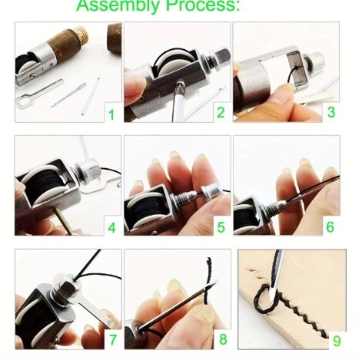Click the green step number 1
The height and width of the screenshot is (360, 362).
[111, 114]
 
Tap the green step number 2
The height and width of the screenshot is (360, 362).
[221, 112]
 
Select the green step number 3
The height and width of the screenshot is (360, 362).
[330, 112]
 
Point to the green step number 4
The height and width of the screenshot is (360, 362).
[111, 227]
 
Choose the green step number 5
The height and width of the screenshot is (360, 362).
[221, 227]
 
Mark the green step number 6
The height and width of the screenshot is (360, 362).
[330, 226]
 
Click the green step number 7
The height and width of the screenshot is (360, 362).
[112, 340]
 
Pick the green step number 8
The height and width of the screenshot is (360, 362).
[223, 339]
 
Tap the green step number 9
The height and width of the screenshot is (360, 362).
[337, 340]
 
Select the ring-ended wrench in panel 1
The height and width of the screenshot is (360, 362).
[39, 93]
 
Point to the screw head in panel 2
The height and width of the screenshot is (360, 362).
[180, 84]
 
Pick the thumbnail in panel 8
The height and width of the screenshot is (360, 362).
[204, 314]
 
